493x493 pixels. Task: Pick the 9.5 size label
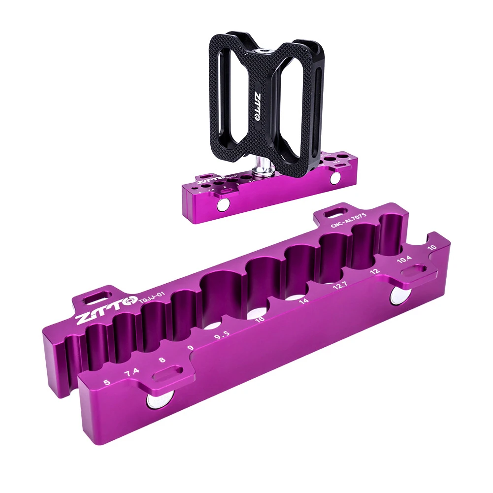coord(222,337)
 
